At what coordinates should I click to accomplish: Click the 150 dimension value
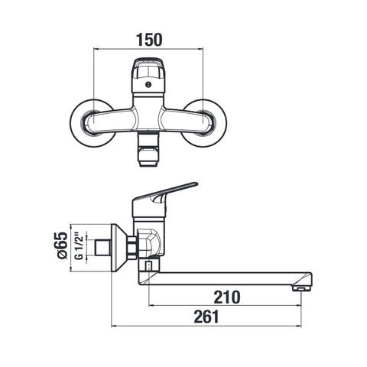(149, 40)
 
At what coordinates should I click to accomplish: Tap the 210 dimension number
(227, 297)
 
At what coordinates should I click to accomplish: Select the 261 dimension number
(206, 317)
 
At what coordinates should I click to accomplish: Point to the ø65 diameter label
(62, 245)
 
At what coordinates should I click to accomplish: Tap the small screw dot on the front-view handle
(148, 84)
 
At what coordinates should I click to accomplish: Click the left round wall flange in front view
(92, 123)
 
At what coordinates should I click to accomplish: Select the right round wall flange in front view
(205, 123)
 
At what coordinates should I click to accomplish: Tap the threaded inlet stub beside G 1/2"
(102, 248)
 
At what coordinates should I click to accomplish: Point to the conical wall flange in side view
(119, 248)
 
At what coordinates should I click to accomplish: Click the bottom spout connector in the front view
(148, 151)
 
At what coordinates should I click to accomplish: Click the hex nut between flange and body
(132, 248)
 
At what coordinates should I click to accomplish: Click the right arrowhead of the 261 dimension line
(299, 326)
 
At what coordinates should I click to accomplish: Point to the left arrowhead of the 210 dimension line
(151, 305)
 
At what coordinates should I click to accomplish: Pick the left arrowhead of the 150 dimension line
(96, 48)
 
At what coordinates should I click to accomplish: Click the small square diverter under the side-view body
(148, 266)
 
